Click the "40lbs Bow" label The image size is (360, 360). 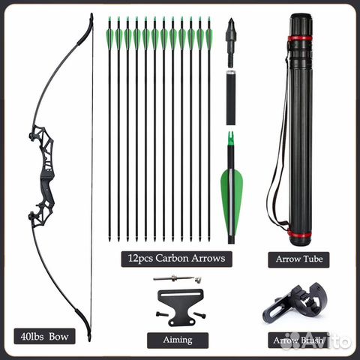(44, 336)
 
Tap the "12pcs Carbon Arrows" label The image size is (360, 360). (176, 259)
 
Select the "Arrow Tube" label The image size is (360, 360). (298, 259)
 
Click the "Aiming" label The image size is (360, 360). (178, 340)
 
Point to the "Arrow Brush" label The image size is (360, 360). (298, 340)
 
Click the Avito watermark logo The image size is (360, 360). (316, 340)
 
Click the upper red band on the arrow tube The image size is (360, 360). (300, 39)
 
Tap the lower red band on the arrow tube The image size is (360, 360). (299, 235)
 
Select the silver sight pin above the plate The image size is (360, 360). (178, 278)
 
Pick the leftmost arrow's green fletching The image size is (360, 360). (109, 39)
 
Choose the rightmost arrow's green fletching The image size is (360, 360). (208, 39)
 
